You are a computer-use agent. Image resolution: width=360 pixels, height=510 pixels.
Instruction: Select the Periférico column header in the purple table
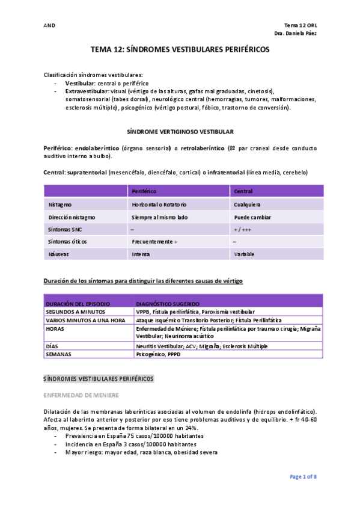(x=144, y=191)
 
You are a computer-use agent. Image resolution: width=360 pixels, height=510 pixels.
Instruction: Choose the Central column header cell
(x=243, y=191)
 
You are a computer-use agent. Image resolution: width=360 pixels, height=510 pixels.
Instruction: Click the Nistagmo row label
(x=60, y=204)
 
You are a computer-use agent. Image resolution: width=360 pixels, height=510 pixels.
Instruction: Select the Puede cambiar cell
(x=252, y=217)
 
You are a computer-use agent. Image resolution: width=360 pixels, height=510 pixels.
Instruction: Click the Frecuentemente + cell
(x=155, y=242)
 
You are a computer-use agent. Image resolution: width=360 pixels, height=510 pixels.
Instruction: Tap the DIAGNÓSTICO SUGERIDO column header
(x=168, y=304)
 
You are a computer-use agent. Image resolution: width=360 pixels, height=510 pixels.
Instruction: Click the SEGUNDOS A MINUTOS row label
(x=76, y=312)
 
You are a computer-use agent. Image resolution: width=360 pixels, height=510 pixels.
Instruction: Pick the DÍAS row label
(x=52, y=346)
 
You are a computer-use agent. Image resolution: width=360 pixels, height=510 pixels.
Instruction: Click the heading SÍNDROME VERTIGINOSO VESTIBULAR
(x=180, y=131)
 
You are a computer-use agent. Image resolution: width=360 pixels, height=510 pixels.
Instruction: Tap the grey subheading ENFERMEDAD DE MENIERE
(x=81, y=395)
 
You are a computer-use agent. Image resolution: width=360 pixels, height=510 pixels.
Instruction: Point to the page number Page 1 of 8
(x=303, y=477)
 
